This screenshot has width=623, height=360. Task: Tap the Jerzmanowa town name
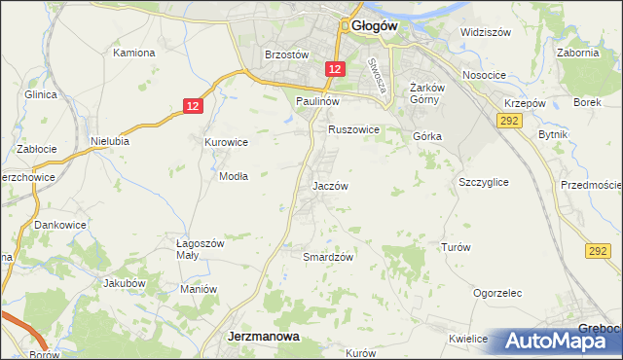tap(263, 336)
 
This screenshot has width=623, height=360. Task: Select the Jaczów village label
tap(330, 185)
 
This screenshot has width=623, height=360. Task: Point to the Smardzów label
tap(327, 257)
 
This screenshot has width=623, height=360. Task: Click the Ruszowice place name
tap(353, 128)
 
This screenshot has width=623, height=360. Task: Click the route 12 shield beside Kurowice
tap(193, 106)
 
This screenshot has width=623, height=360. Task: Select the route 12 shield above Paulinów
tap(335, 68)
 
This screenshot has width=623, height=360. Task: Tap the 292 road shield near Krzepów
tap(508, 120)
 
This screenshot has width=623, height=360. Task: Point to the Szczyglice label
tap(484, 182)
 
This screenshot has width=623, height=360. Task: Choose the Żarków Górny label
tap(427, 92)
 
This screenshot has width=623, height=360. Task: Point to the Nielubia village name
tap(110, 140)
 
